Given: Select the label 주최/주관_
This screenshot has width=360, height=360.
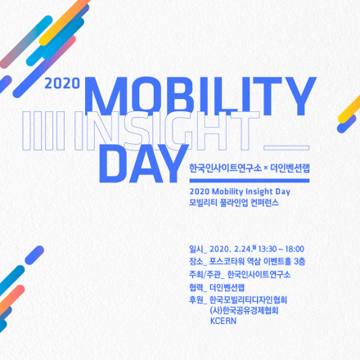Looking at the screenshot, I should coord(205,274).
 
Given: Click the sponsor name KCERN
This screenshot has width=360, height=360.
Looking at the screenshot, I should coord(223,322).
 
